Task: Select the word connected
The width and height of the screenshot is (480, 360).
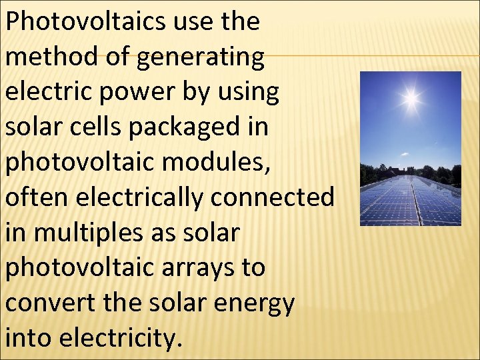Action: (279, 197)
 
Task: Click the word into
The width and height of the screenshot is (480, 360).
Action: (27, 338)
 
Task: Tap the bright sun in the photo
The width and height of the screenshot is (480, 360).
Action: (411, 99)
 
